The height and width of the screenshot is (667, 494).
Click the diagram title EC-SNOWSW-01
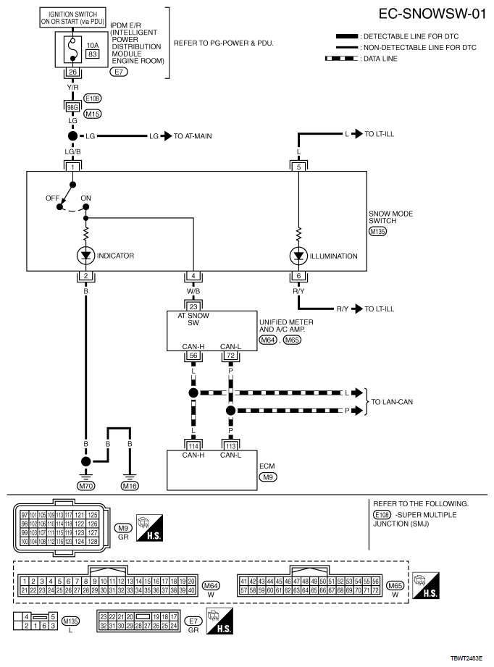coord(432,14)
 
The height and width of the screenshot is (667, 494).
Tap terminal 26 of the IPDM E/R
coord(72,72)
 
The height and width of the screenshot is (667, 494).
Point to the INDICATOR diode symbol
coord(85,255)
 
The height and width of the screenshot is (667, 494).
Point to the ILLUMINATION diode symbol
coord(298,255)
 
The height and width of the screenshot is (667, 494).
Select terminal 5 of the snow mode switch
coord(298,167)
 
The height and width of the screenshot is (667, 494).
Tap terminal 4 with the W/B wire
coord(194,276)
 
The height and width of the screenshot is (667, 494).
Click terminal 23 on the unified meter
coord(194,306)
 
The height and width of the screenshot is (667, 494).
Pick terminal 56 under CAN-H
coord(194,357)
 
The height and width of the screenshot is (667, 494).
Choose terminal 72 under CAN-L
coord(230,357)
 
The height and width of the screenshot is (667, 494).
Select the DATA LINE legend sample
coord(347,59)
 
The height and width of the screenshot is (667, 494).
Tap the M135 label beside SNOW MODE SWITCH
coord(378,232)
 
